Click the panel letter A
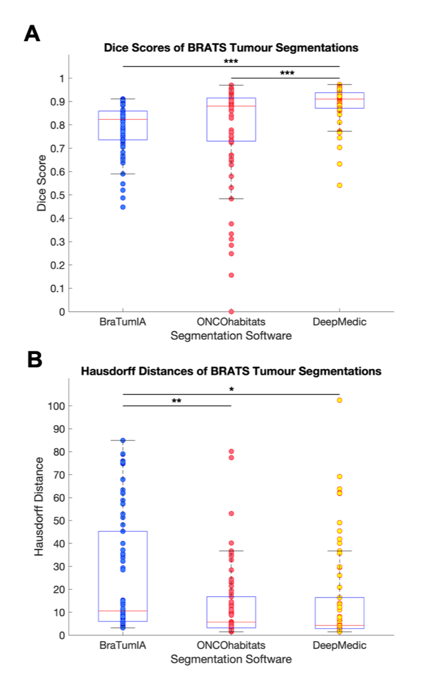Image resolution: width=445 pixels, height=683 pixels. pyautogui.click(x=32, y=33)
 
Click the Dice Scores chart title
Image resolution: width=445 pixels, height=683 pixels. pyautogui.click(x=231, y=47)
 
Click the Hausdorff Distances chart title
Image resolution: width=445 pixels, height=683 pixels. pyautogui.click(x=231, y=371)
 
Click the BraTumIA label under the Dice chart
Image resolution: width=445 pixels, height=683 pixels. pyautogui.click(x=123, y=322)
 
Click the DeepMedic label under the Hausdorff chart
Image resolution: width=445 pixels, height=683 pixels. pyautogui.click(x=339, y=645)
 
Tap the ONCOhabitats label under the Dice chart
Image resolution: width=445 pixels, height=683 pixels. pyautogui.click(x=231, y=322)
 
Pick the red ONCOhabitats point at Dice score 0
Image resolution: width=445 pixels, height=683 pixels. pyautogui.click(x=231, y=311)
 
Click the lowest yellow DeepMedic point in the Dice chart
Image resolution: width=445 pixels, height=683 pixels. pyautogui.click(x=339, y=185)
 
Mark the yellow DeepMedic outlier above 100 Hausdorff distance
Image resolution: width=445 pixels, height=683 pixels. pyautogui.click(x=339, y=400)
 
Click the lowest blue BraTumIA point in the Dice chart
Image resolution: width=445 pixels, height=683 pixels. pyautogui.click(x=123, y=207)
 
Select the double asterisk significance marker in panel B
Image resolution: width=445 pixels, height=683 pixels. pyautogui.click(x=177, y=401)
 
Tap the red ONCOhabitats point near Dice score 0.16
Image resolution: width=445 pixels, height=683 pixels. pyautogui.click(x=231, y=275)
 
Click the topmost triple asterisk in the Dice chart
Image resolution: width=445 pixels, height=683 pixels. pyautogui.click(x=231, y=62)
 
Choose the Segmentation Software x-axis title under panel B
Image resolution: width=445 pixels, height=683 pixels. pyautogui.click(x=231, y=659)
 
